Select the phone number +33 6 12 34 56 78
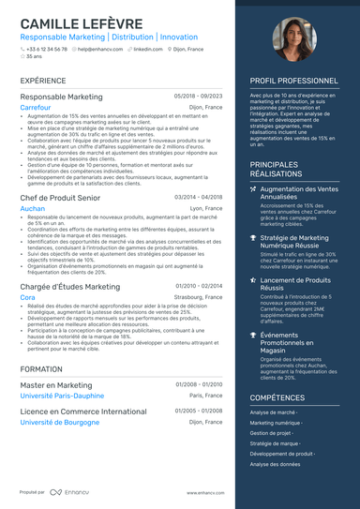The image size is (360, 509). (x=47, y=48)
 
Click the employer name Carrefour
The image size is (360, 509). (x=36, y=108)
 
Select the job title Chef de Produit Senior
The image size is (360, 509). (x=60, y=197)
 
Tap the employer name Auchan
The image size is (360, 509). (x=33, y=208)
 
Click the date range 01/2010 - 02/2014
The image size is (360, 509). (x=199, y=286)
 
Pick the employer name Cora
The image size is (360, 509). (x=27, y=297)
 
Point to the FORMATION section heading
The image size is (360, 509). (x=41, y=369)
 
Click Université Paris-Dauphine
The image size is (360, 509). (x=63, y=396)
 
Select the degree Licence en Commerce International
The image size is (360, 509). (x=83, y=411)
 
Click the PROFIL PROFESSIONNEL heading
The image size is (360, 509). (x=293, y=82)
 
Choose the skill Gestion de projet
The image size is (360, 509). (x=272, y=433)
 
